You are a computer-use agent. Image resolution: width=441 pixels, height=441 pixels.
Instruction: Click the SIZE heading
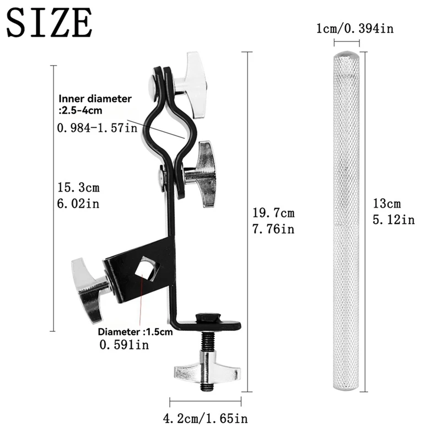coord(49,23)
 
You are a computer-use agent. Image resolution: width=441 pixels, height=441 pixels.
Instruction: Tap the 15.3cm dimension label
coord(78,187)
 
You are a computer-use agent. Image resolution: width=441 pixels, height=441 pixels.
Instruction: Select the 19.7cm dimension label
coord(273,213)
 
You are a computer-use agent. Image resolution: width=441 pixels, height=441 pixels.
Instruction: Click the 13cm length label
coord(387,203)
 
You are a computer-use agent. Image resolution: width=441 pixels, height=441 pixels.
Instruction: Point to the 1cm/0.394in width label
coord(355,29)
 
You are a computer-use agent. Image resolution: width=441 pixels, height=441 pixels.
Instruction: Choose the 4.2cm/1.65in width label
coord(205,418)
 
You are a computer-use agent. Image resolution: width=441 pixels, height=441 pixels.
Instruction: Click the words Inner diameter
coord(95,99)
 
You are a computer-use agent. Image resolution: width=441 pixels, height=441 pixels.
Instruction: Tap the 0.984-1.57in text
coord(97,128)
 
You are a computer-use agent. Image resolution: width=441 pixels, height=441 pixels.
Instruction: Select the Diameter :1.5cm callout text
coord(135,332)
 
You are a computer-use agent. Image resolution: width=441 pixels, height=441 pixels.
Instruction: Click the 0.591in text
coord(124,345)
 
